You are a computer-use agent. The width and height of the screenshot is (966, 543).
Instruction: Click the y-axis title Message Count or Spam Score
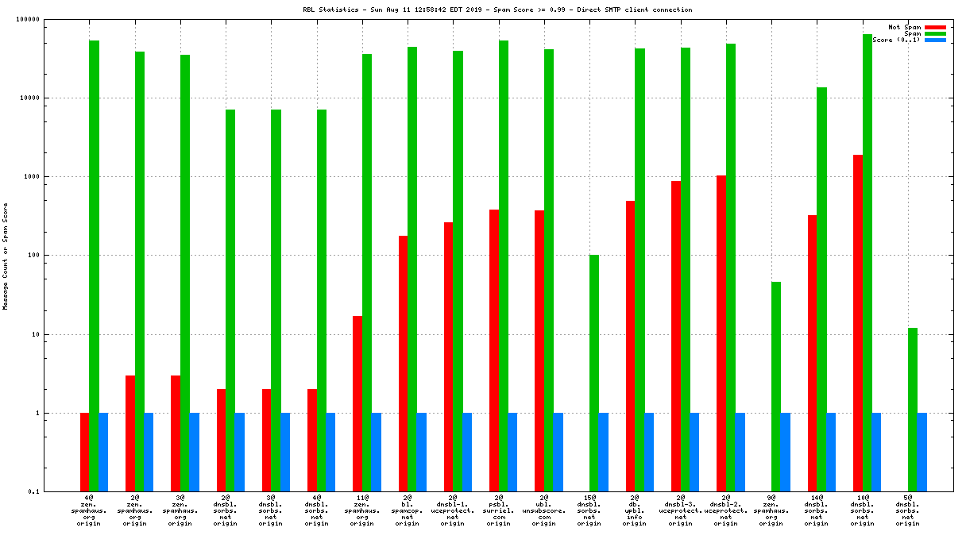[x=6, y=256]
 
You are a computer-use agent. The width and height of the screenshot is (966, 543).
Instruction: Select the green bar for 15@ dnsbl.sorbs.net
[x=594, y=373]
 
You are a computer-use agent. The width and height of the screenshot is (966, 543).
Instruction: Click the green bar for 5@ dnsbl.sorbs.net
[x=913, y=410]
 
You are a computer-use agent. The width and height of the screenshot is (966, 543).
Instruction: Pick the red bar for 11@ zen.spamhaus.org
[x=357, y=403]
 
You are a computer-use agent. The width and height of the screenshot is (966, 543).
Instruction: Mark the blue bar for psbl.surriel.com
[x=512, y=452]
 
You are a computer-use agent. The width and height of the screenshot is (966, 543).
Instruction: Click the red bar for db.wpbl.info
[x=631, y=346]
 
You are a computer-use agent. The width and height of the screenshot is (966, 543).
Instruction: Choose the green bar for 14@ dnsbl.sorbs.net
[x=822, y=290]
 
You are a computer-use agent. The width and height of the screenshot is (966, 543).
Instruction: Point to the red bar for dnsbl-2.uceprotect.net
[x=721, y=333]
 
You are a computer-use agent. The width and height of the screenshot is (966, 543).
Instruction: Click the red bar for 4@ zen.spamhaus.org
[x=85, y=452]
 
